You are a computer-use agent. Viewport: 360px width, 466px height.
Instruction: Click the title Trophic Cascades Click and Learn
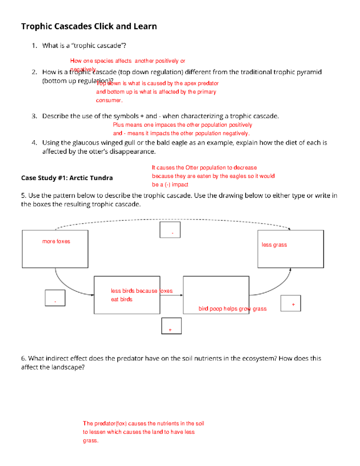[89, 26]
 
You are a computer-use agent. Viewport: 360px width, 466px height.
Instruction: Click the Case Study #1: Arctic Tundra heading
[67, 178]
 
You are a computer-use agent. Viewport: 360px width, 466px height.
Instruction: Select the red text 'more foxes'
[56, 242]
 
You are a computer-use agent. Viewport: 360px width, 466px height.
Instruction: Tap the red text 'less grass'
[274, 245]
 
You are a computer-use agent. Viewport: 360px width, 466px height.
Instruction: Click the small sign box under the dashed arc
[170, 230]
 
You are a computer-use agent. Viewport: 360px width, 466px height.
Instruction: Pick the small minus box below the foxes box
[55, 298]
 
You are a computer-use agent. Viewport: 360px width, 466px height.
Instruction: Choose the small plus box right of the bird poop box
[290, 303]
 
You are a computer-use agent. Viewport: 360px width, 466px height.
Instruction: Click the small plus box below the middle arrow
[171, 326]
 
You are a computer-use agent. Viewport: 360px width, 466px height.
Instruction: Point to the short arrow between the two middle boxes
[171, 295]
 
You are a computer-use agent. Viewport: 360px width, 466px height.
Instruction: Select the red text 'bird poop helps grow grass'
[232, 309]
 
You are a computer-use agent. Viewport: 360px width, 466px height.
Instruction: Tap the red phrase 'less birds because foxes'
[142, 291]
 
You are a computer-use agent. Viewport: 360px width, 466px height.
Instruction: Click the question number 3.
[34, 116]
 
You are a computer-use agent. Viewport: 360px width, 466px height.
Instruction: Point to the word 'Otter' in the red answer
[192, 168]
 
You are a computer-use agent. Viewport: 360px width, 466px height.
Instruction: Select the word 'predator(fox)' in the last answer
[110, 424]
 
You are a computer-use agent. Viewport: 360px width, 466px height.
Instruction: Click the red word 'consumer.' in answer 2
[109, 101]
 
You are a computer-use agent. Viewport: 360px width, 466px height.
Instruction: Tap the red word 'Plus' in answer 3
[118, 125]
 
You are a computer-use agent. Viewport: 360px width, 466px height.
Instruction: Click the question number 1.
[34, 46]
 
